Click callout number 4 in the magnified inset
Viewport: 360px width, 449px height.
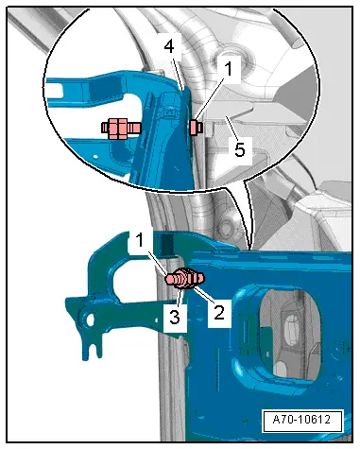point(169,46)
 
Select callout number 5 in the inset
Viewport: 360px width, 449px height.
point(240,149)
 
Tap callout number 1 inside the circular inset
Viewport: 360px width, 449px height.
point(229,69)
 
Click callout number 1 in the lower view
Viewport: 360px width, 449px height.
point(140,240)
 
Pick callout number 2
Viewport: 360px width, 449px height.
point(219,312)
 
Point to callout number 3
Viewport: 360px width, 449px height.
point(175,317)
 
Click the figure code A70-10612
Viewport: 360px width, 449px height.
point(301,420)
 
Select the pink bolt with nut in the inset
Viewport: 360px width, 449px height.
point(121,129)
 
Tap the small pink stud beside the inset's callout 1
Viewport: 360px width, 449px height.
point(196,128)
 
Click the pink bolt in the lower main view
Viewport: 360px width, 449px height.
point(185,278)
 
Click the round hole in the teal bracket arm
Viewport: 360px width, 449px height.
point(90,320)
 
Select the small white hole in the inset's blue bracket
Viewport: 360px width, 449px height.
point(96,156)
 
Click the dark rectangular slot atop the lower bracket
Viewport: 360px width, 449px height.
point(167,244)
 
